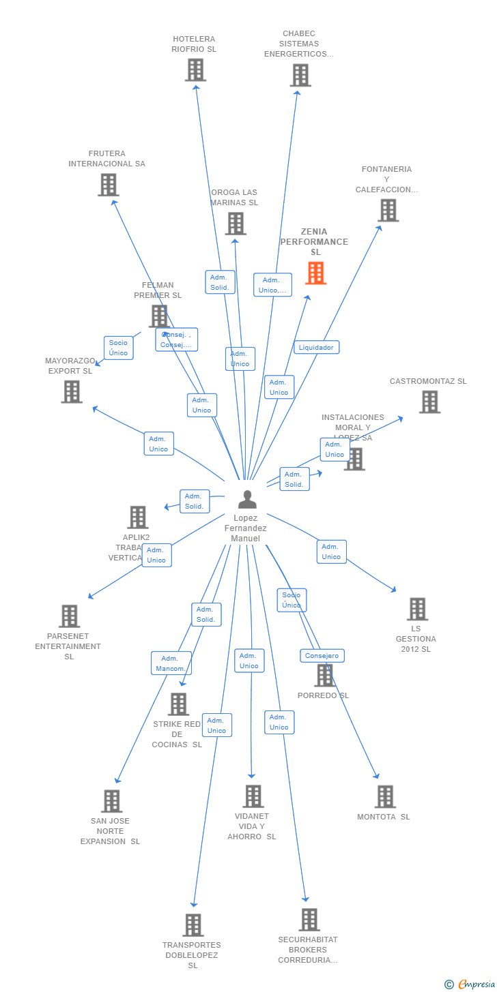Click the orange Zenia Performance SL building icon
(x=315, y=273)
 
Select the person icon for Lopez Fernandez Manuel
(x=247, y=500)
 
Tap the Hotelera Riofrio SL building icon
(x=195, y=70)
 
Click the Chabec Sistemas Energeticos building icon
(x=300, y=75)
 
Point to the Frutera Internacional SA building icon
(x=108, y=185)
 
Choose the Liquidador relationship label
(x=316, y=347)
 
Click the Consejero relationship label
(x=322, y=656)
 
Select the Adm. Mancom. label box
(x=171, y=663)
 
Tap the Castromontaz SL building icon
(x=429, y=402)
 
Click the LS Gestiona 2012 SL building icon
(x=417, y=609)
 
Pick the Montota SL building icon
(x=385, y=796)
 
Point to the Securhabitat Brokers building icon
(x=309, y=920)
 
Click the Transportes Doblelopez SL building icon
(x=193, y=925)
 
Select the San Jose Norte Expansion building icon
(x=111, y=801)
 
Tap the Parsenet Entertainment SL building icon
(x=69, y=616)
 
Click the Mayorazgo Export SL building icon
(x=72, y=392)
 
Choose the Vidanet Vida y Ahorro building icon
(x=253, y=796)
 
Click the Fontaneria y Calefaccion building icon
(x=388, y=211)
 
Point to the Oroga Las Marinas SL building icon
(x=236, y=224)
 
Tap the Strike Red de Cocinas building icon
(x=178, y=704)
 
